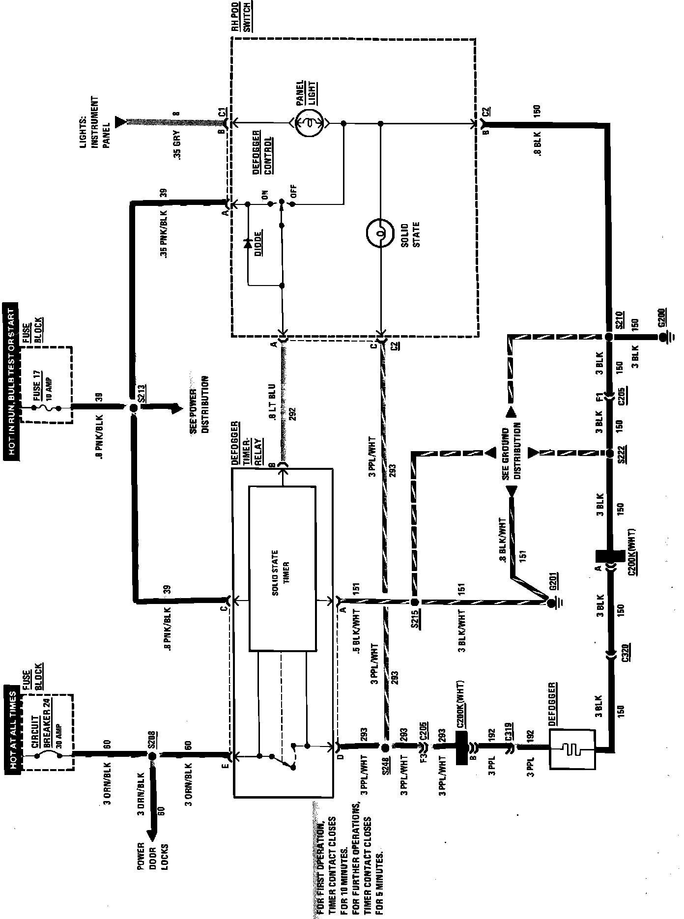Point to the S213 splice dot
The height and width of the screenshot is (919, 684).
(x=133, y=407)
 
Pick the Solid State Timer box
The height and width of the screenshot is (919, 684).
(x=282, y=569)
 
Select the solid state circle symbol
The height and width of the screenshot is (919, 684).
(x=380, y=233)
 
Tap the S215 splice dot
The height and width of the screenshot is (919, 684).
(x=415, y=602)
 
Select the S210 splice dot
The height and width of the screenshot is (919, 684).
(x=608, y=337)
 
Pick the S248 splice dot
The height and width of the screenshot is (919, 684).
(x=385, y=747)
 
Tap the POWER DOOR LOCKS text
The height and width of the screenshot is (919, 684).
(x=152, y=843)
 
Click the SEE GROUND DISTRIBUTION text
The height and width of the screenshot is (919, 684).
(x=511, y=451)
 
